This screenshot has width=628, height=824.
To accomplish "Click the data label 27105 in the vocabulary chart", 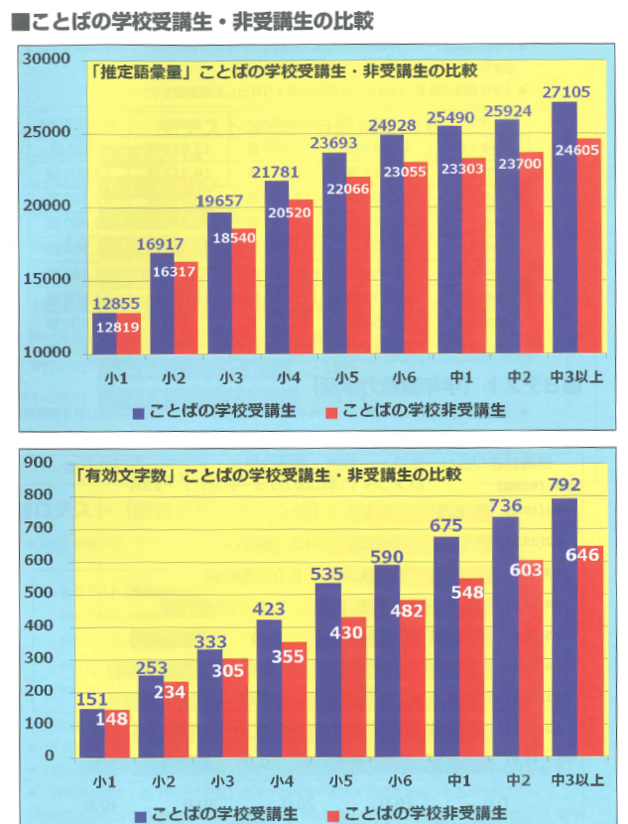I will (567, 92).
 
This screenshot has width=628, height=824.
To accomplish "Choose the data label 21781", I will (277, 173).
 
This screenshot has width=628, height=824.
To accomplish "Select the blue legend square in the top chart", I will (139, 411).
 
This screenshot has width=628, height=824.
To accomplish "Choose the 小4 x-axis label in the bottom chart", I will (281, 778).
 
